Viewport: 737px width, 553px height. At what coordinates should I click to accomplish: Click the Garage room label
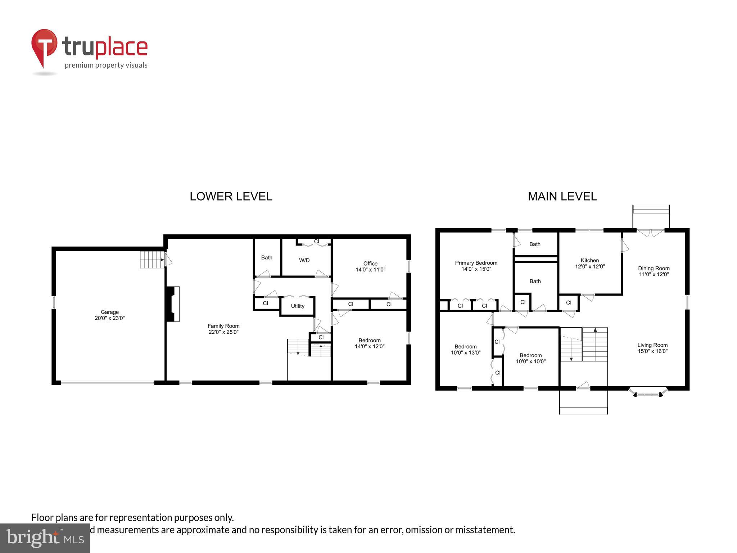tap(109, 312)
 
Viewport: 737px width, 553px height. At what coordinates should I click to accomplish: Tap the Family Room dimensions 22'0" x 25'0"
tap(223, 332)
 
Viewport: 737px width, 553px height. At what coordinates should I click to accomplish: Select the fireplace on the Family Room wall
tap(173, 304)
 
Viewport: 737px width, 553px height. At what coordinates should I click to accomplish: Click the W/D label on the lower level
tap(304, 260)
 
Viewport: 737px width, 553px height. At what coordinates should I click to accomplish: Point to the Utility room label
tap(298, 306)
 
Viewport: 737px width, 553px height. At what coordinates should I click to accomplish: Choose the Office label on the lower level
tap(370, 264)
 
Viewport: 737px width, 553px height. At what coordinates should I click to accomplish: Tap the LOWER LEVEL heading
tap(231, 196)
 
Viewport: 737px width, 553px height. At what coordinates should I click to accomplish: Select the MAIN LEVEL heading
tap(562, 196)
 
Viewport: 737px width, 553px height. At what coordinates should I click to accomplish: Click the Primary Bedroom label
tap(476, 263)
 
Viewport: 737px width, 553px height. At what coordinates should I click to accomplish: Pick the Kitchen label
tap(589, 260)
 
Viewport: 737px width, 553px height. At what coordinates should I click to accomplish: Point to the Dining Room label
tap(654, 268)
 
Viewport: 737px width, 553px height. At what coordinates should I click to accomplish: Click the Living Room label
tap(652, 345)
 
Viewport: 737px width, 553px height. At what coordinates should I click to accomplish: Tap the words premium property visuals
tap(106, 65)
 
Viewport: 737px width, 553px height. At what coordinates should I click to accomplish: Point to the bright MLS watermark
tap(45, 538)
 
